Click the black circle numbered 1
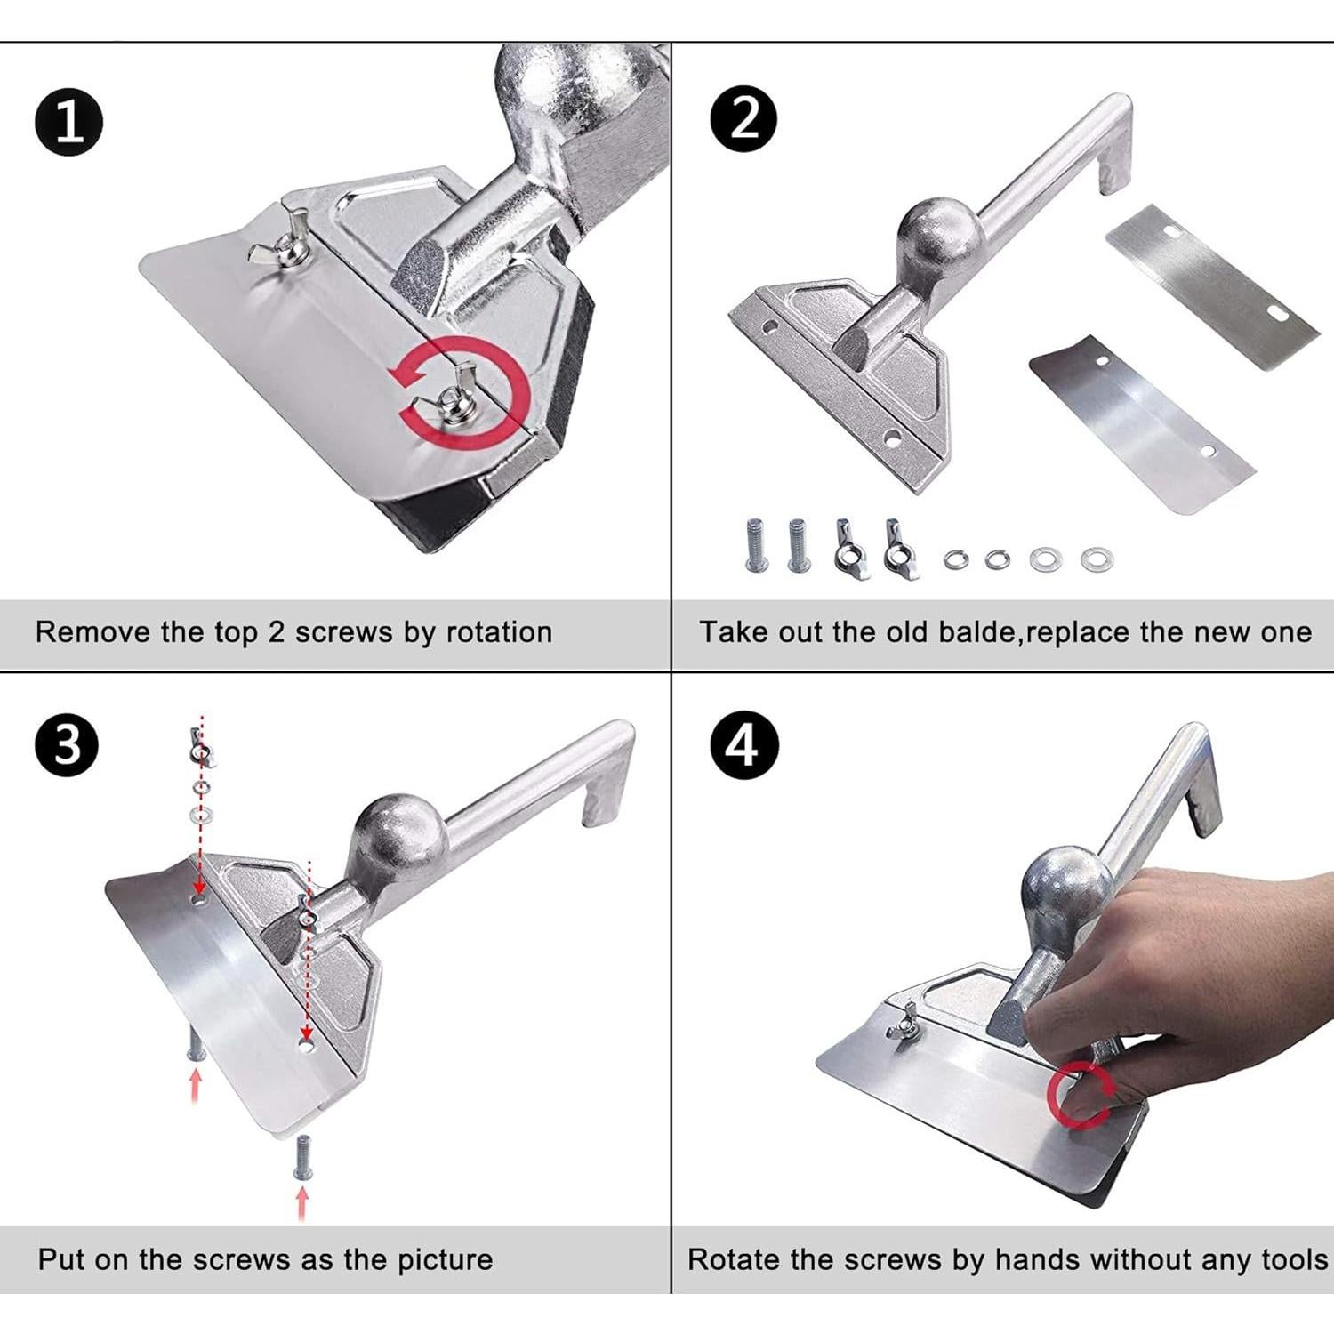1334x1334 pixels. [69, 122]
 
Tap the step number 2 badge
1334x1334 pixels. [744, 118]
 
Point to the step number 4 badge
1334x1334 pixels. [745, 745]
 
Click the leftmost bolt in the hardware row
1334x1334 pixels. [755, 545]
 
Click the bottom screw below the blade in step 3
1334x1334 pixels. [303, 1158]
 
